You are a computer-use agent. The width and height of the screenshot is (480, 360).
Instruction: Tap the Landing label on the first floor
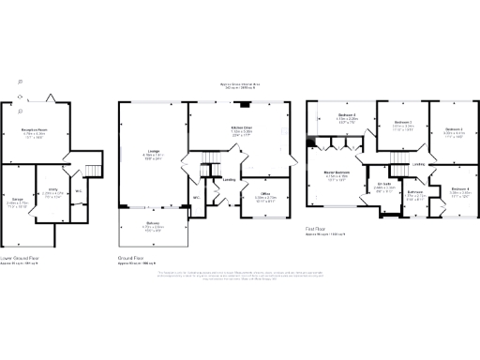click(418, 163)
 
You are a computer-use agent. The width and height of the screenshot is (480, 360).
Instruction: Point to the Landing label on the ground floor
click(228, 180)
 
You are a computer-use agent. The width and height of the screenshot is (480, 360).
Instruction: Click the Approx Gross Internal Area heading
click(240, 83)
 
